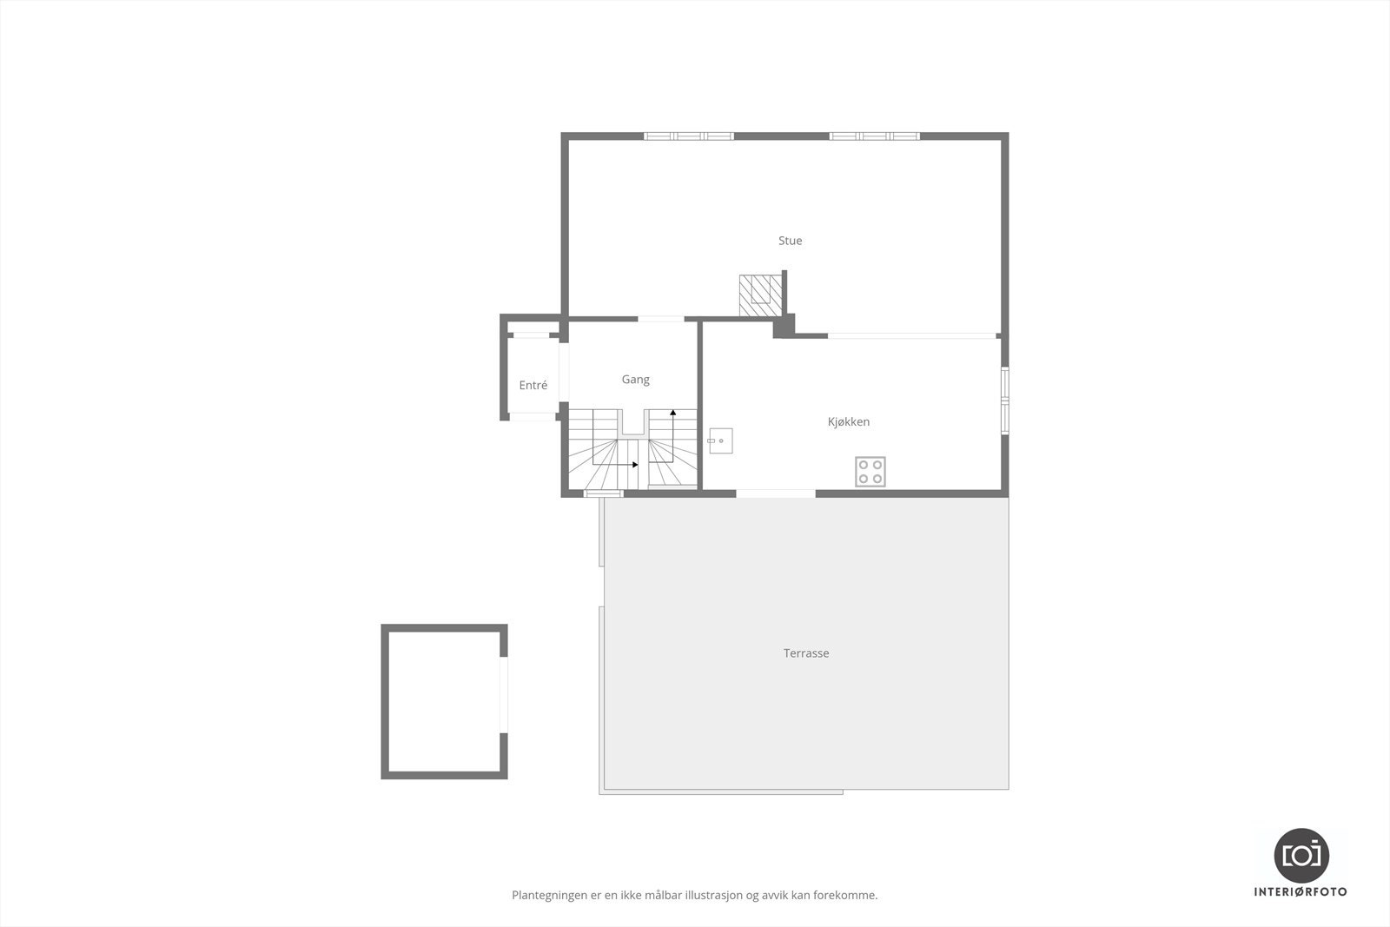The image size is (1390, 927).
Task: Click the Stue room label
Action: coord(790,241)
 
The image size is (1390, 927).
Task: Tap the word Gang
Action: coord(635,380)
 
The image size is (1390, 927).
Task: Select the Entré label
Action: coord(533,386)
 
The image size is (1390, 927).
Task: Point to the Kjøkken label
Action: coord(848,422)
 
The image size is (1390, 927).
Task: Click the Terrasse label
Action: coord(806,653)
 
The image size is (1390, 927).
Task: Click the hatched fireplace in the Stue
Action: coord(759,295)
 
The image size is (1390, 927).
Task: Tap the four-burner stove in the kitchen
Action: coord(870,472)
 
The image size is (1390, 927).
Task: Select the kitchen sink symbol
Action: coord(720,441)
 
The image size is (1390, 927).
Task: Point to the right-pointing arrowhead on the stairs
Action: coord(635,465)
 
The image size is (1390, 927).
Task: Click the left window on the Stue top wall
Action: coord(689,136)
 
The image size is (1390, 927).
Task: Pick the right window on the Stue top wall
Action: coord(874,136)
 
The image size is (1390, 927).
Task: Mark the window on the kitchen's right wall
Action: coord(1004,401)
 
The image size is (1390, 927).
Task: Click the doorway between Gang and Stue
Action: coord(660,320)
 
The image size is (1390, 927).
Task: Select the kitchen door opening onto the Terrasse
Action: coord(775,493)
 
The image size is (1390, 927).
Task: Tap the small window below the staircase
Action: coord(603,493)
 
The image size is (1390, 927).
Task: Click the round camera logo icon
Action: coord(1301,855)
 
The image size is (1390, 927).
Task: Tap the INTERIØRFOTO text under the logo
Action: coord(1301,892)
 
